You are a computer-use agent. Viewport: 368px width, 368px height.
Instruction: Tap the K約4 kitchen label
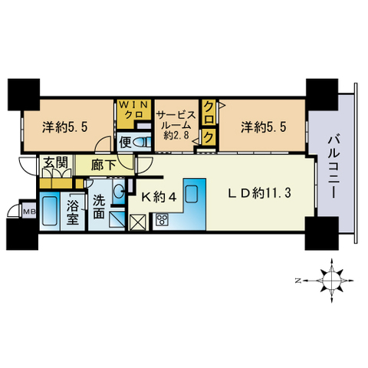[x=163, y=198]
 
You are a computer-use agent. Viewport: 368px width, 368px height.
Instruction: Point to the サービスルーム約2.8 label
[x=176, y=125]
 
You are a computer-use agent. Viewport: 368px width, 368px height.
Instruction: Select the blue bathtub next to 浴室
[x=51, y=212]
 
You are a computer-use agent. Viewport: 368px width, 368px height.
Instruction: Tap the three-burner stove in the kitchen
[x=163, y=222]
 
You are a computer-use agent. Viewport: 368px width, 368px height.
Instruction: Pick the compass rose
[x=331, y=281]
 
